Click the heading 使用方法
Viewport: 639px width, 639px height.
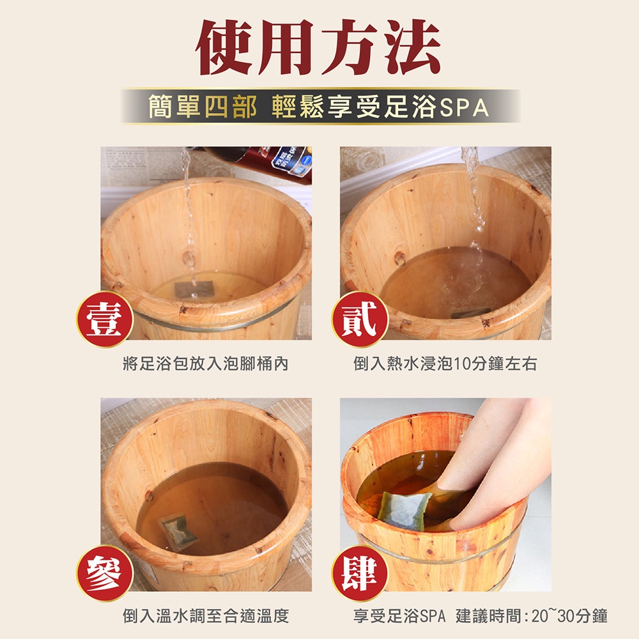(318, 47)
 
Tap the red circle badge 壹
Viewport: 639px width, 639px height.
(105, 319)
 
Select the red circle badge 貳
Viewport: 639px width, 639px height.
(360, 319)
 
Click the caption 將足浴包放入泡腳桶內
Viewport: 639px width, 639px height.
(206, 364)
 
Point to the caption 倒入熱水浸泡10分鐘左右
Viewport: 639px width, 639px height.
(445, 364)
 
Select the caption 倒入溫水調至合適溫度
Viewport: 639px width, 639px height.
(206, 616)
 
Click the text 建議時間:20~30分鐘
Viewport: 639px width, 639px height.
(532, 616)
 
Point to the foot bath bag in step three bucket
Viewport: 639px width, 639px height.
(178, 532)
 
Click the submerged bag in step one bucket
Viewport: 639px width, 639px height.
(194, 289)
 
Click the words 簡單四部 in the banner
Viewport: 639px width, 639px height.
(202, 107)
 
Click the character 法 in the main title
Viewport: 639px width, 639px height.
(412, 47)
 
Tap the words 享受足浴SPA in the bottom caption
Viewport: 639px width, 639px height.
(399, 616)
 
